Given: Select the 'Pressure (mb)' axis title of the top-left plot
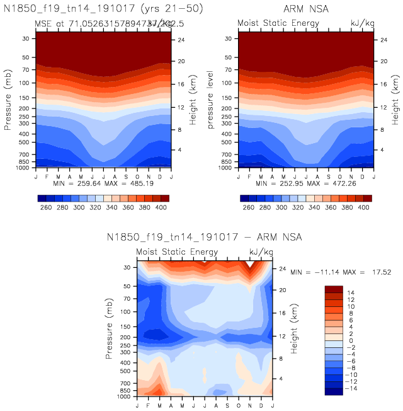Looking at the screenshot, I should coord(8,102).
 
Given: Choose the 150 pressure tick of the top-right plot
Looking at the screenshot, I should coord(230,98).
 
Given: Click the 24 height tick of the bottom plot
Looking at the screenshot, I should coord(281,267).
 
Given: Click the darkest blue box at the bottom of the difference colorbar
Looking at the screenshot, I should coord(334,391).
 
